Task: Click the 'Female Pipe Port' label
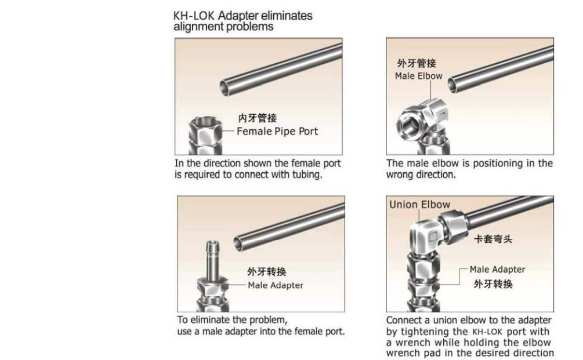point(277,132)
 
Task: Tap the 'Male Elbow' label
point(419,76)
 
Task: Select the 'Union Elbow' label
point(420,205)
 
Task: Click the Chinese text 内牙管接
point(258,118)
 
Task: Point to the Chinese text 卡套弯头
point(493,239)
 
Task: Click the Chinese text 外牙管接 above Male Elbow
point(417,63)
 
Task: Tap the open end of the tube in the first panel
point(225,88)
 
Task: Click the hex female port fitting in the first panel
point(205,136)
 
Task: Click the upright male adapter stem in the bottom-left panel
point(213,260)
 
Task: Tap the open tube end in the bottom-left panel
point(238,243)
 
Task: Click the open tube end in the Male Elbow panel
point(452,85)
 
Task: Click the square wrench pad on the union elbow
point(433,237)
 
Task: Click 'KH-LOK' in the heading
point(194,16)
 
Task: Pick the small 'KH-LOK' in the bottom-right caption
point(487,332)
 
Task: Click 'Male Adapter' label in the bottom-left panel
point(276,285)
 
